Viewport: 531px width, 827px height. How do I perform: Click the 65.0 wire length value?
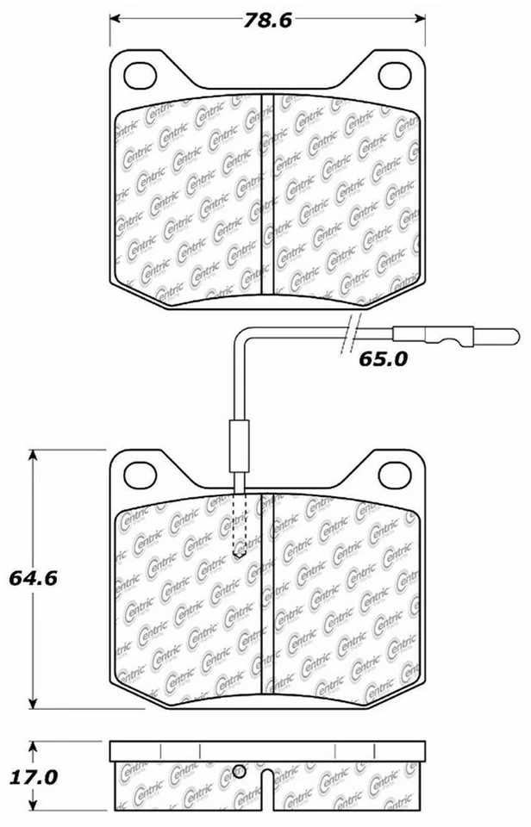[382, 359]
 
